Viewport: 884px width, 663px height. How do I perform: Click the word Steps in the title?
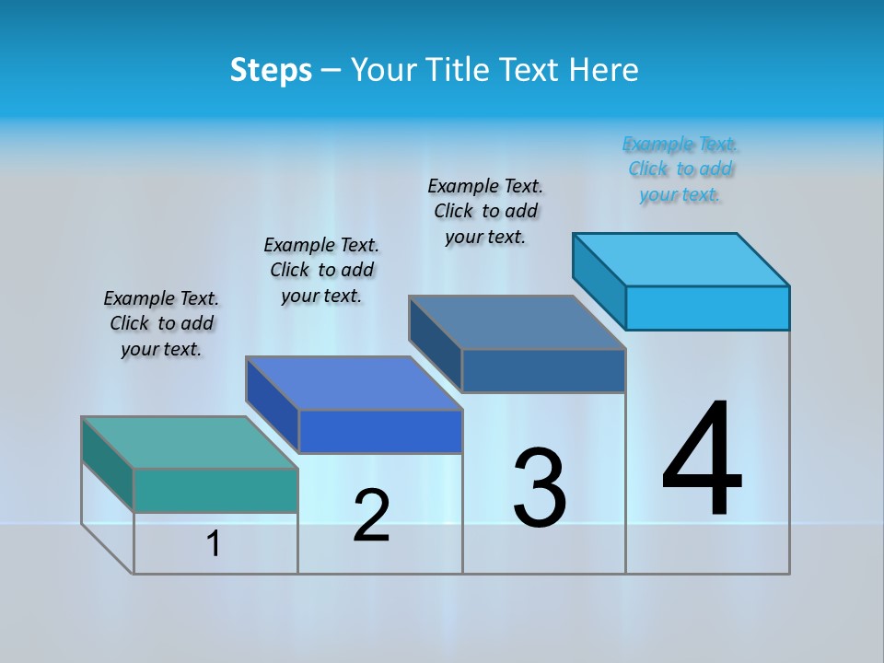[x=271, y=70]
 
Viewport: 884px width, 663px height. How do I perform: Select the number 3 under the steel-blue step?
[x=540, y=487]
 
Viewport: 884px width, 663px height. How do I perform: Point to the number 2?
[x=371, y=516]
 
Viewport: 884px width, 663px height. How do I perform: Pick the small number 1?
[x=214, y=544]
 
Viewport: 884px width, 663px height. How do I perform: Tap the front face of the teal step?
[x=215, y=490]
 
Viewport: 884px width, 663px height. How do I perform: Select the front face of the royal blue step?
[x=380, y=431]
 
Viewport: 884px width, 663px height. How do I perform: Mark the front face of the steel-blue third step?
[x=543, y=370]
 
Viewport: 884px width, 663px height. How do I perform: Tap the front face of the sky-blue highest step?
[x=707, y=308]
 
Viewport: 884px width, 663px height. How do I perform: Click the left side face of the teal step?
[x=108, y=464]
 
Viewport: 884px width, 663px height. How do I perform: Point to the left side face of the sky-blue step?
[x=599, y=280]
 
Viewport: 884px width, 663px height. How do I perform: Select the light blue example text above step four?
[x=680, y=169]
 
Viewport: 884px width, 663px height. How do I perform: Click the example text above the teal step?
[x=161, y=323]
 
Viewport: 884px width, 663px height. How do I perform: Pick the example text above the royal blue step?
[x=321, y=270]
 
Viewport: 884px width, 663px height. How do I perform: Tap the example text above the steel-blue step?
[x=485, y=211]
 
